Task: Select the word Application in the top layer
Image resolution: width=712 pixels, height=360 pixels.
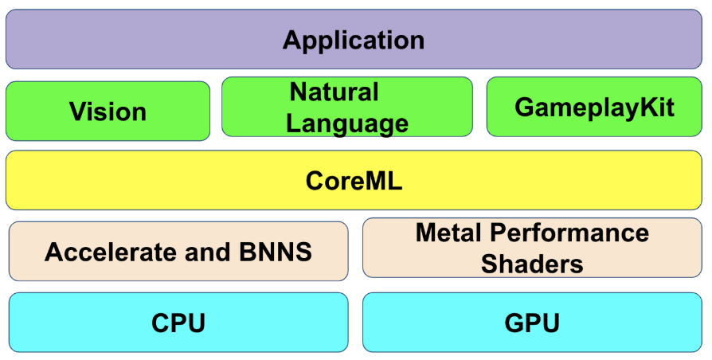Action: pyautogui.click(x=354, y=40)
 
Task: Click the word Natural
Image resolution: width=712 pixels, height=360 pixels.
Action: pyautogui.click(x=334, y=92)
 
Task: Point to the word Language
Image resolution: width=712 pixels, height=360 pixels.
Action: pyautogui.click(x=347, y=123)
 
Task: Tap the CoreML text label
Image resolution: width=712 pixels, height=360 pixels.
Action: pyautogui.click(x=354, y=181)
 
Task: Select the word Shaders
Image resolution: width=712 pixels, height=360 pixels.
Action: pyautogui.click(x=532, y=263)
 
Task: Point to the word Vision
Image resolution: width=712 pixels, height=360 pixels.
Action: pyautogui.click(x=108, y=112)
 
